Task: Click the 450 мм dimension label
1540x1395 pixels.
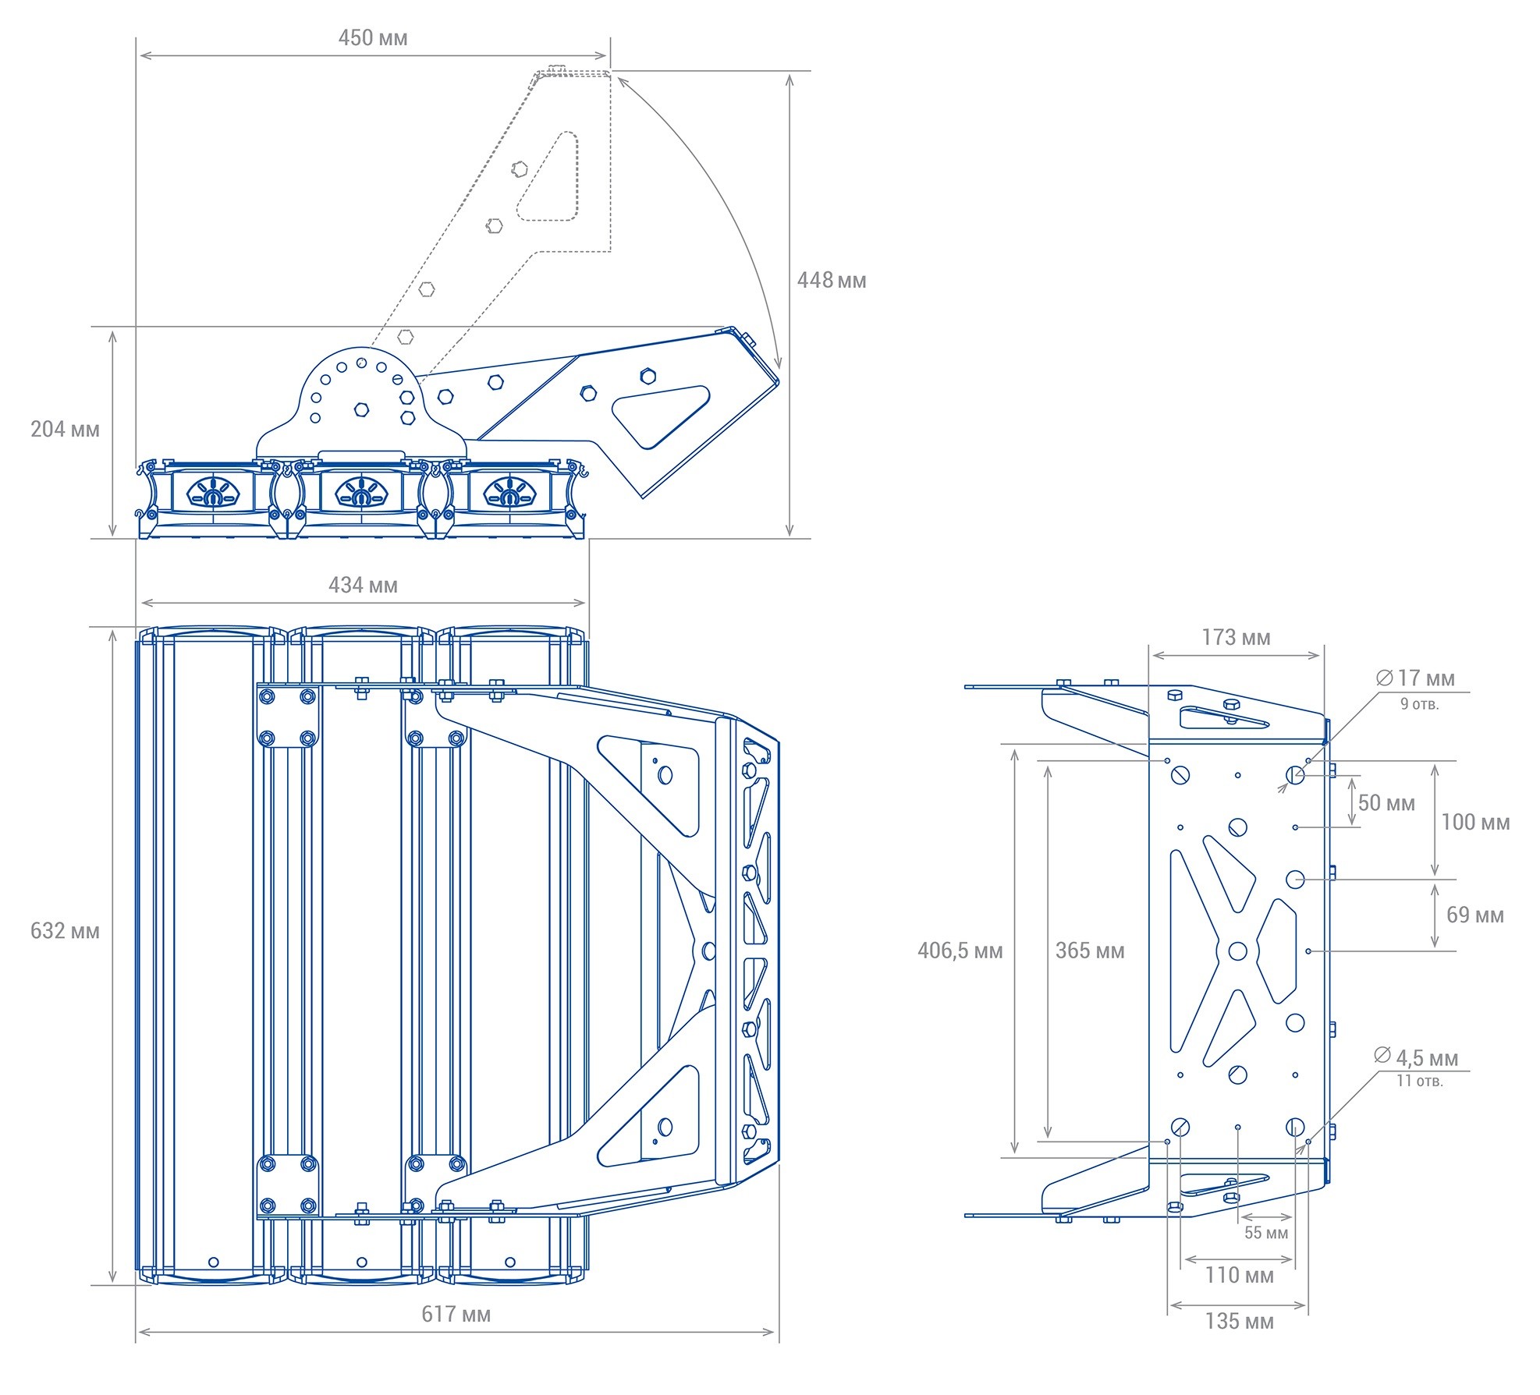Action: click(x=373, y=38)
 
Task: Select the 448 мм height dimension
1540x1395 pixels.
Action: click(x=832, y=281)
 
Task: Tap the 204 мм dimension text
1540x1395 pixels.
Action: click(x=66, y=430)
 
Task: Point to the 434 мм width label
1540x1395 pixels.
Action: click(x=363, y=586)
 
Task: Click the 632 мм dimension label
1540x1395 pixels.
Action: click(x=66, y=931)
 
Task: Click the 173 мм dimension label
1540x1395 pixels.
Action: click(x=1237, y=638)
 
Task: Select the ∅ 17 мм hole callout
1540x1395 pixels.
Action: click(x=1416, y=678)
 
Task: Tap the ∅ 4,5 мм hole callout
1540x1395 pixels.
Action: click(x=1416, y=1057)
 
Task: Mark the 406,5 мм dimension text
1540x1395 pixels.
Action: click(x=960, y=951)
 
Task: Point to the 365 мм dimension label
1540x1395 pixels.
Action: click(x=1090, y=951)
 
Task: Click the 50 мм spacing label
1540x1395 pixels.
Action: click(x=1387, y=803)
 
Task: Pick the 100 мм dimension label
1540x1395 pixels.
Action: click(x=1475, y=822)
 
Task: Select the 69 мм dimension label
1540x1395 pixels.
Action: click(x=1475, y=915)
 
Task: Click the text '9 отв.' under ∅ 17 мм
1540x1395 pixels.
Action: click(x=1420, y=704)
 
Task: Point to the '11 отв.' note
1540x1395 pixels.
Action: click(x=1420, y=1082)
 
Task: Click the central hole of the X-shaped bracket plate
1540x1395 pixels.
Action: click(x=1238, y=951)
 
